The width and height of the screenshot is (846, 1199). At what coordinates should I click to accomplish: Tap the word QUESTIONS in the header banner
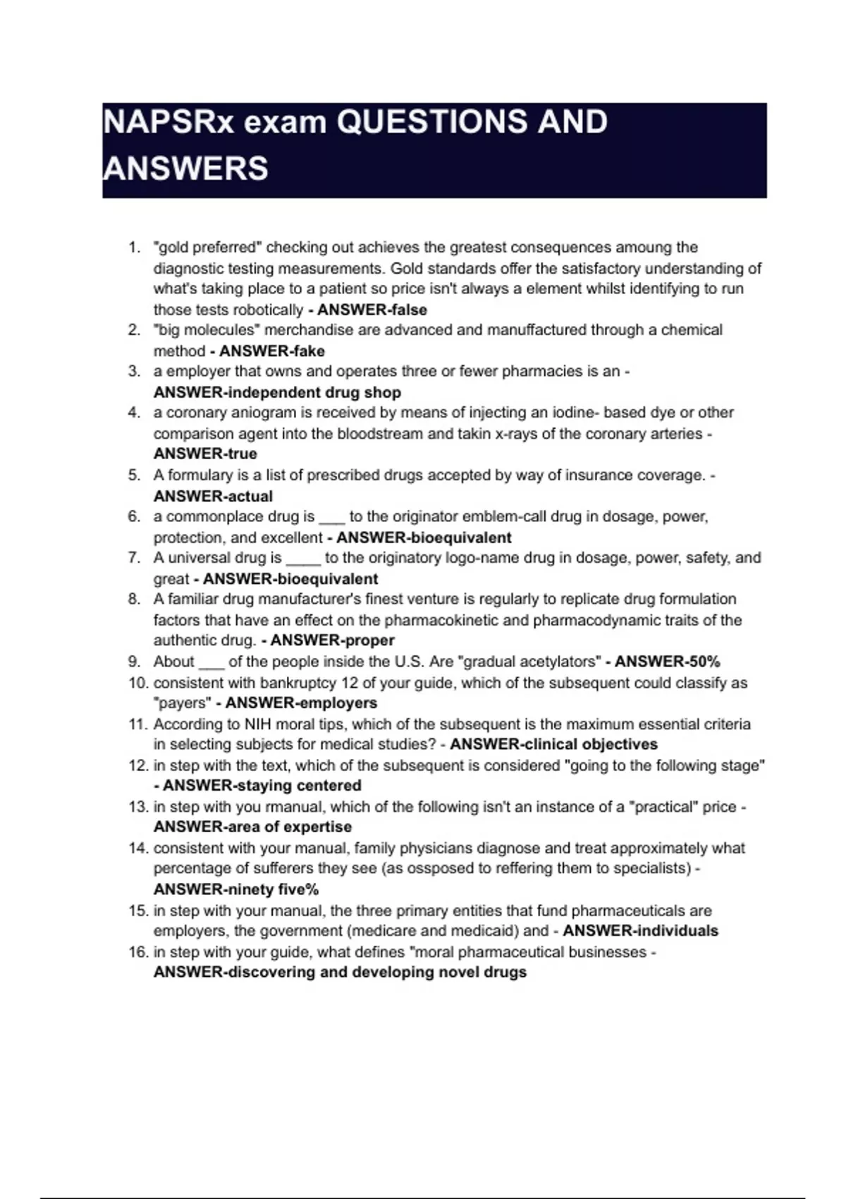(431, 122)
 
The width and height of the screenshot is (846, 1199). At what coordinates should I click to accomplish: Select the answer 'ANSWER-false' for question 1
(372, 310)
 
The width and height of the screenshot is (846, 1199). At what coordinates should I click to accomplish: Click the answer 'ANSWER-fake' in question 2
(271, 351)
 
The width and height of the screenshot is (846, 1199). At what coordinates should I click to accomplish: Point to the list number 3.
(134, 371)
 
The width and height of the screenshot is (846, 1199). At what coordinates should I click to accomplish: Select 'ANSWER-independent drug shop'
(277, 392)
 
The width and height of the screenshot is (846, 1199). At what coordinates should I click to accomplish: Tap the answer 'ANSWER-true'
(205, 454)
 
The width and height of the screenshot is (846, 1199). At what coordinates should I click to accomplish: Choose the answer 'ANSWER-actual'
(213, 496)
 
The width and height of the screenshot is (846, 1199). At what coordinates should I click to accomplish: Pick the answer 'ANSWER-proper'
(332, 640)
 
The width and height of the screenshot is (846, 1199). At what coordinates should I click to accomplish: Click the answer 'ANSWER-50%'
(667, 662)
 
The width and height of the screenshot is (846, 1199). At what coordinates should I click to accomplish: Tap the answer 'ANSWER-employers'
(301, 703)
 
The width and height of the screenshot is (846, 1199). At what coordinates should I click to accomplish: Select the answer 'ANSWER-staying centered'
(262, 786)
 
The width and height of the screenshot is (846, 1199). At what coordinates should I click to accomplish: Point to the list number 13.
(137, 807)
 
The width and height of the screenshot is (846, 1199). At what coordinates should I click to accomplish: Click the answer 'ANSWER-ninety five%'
(236, 889)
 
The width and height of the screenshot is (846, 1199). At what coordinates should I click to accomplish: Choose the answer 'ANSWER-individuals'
(640, 931)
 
